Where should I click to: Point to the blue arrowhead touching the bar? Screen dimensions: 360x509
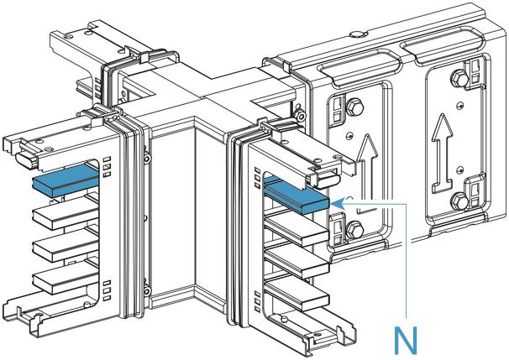coord(337,202)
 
